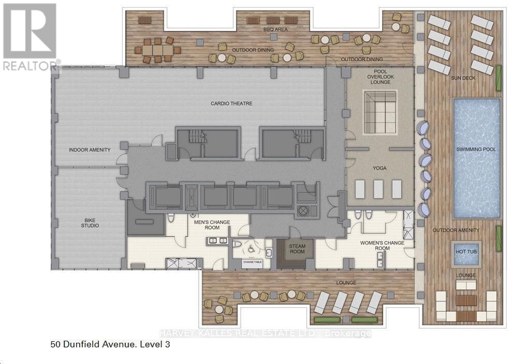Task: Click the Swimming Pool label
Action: (x=476, y=149)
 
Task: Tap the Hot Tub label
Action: (x=466, y=252)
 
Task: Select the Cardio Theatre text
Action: (x=231, y=103)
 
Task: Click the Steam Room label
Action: (x=297, y=249)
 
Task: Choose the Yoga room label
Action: (x=380, y=168)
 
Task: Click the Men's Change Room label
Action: (x=212, y=225)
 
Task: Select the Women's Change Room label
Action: (x=382, y=246)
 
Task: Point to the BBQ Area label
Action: (x=274, y=29)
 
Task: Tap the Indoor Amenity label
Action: (x=90, y=150)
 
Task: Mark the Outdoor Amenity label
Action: (x=455, y=230)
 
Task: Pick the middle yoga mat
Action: (x=379, y=189)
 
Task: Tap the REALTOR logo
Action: (x=30, y=36)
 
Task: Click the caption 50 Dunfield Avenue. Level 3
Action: (x=110, y=343)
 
